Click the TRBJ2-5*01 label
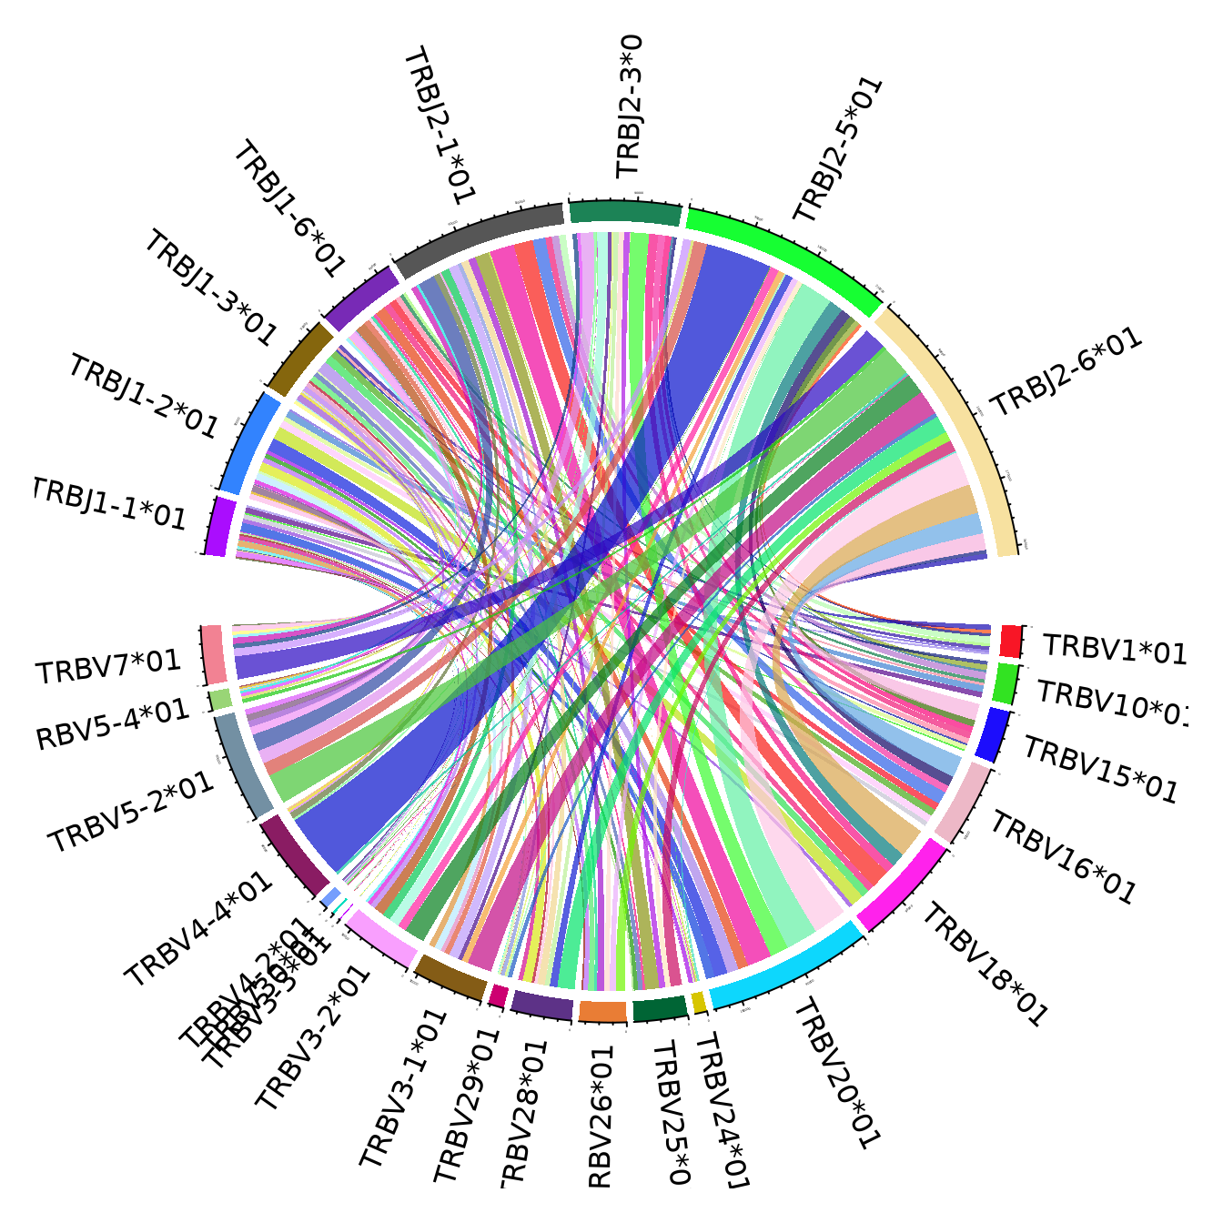(837, 150)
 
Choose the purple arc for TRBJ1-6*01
(361, 298)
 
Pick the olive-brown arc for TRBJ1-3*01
(301, 359)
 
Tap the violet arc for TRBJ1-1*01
(218, 526)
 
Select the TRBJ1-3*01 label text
(210, 288)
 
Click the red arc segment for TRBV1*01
(1010, 641)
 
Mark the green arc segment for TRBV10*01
(1006, 683)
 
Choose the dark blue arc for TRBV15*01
(993, 734)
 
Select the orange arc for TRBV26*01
(602, 1012)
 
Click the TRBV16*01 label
(1062, 858)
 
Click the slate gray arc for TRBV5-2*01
(243, 764)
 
